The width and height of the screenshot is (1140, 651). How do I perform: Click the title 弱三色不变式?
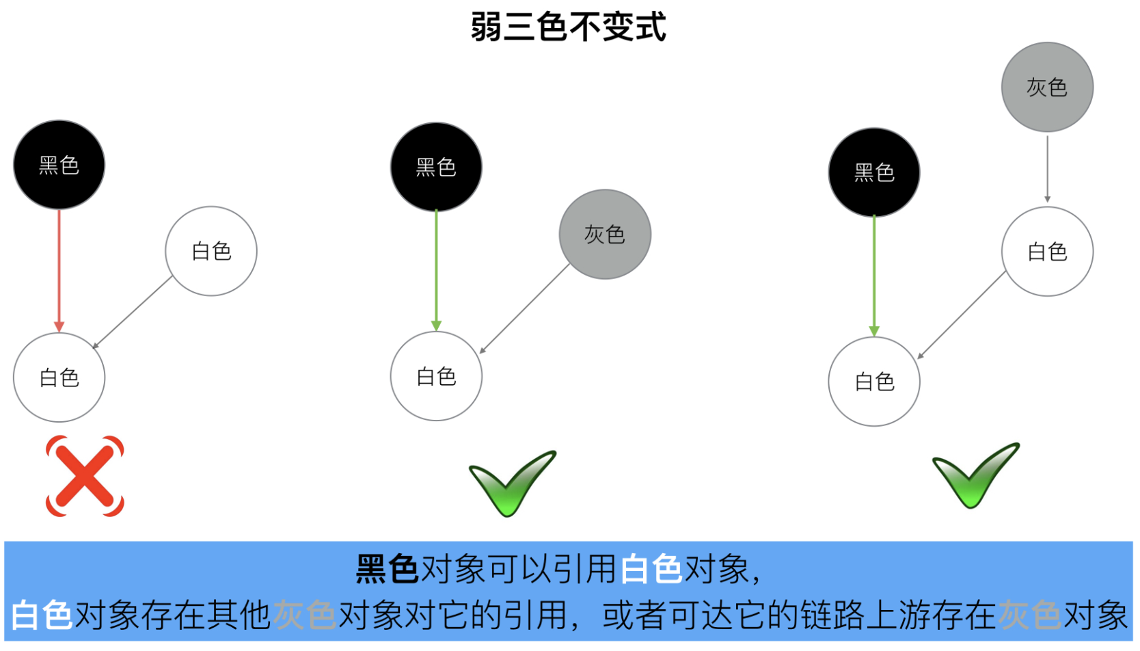pos(569,27)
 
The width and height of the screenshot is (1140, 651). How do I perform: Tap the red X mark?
pos(85,476)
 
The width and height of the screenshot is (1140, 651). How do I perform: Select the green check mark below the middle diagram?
pos(513,483)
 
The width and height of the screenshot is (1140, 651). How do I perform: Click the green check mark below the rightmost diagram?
pos(976,476)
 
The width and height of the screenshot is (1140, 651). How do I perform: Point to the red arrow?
pos(59,271)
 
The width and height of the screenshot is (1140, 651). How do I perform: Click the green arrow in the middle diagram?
pos(436,271)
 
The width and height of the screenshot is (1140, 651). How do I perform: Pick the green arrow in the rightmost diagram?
pos(874,276)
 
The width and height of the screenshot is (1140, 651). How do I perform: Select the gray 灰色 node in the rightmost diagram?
pos(1047,87)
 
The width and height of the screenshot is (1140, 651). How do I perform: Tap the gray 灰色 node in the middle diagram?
pos(605,235)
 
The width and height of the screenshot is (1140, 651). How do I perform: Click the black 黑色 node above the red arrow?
pos(59,165)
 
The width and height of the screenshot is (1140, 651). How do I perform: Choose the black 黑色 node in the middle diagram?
pos(436,167)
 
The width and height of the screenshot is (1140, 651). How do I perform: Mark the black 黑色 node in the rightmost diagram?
pos(874,173)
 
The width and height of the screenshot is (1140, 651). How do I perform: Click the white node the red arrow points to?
pos(59,377)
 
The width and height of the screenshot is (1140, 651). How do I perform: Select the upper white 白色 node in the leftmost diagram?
pos(211,251)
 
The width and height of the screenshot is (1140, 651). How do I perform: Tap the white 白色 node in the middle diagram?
pos(436,376)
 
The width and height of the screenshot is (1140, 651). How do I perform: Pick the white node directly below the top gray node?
pos(1047,252)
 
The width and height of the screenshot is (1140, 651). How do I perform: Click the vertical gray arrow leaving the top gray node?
pos(1047,169)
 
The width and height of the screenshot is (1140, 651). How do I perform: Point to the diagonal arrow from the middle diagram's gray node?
pos(525,308)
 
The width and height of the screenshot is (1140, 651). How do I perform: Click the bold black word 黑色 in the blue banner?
pos(388,569)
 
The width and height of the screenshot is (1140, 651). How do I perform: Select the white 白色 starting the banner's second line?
pos(42,615)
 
